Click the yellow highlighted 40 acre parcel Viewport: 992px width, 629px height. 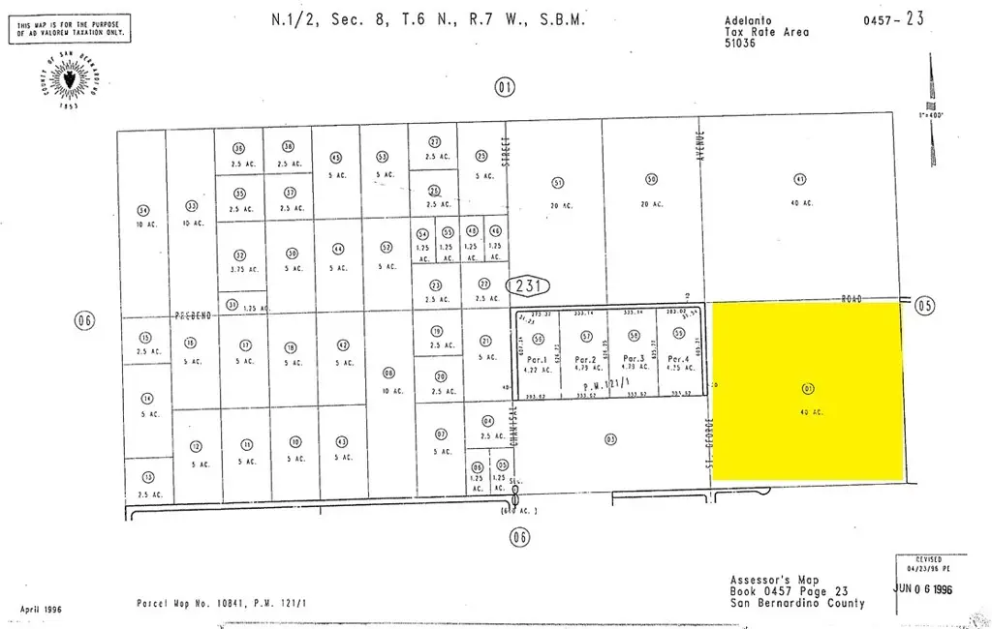pos(808,391)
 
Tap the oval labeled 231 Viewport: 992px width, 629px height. pos(528,285)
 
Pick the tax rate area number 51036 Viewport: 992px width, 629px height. pos(742,43)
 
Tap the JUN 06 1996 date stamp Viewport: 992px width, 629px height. pos(927,587)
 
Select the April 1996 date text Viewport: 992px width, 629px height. pos(40,610)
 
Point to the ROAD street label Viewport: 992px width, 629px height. pos(852,299)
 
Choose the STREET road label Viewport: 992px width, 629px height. pos(505,150)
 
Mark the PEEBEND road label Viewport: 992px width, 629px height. pos(192,315)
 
